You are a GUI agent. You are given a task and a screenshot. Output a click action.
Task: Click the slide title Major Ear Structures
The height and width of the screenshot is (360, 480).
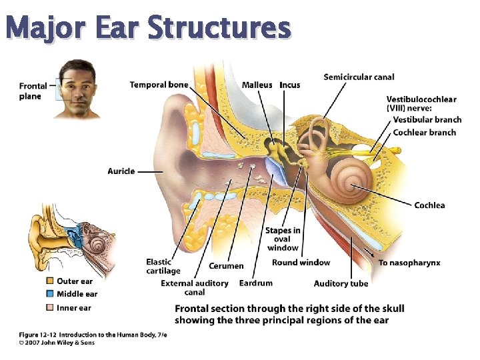[x=147, y=29]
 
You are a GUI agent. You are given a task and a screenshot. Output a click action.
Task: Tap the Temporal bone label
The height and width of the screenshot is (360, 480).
[x=159, y=85]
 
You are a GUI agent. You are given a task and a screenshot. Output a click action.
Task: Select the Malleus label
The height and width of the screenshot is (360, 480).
[x=257, y=85]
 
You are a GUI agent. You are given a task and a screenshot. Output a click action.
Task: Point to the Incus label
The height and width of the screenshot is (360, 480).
[x=289, y=85]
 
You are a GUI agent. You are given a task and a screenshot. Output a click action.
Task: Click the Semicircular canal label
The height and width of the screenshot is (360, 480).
[x=359, y=77]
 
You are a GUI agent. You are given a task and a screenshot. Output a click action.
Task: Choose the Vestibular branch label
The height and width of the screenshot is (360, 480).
[x=427, y=120]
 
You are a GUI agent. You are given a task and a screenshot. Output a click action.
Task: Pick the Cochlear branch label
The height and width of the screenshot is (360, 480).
[x=424, y=133]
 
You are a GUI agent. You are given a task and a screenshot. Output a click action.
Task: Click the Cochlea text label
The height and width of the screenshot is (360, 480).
[x=429, y=205]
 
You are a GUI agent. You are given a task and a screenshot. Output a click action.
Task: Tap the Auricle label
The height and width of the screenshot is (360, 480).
[x=121, y=171]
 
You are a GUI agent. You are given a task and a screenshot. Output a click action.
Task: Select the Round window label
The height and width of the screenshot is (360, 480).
[x=301, y=263]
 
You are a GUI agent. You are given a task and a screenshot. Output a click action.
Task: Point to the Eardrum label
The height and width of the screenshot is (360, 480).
[x=255, y=283]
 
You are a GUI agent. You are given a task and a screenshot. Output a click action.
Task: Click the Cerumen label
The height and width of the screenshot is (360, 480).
[x=226, y=266]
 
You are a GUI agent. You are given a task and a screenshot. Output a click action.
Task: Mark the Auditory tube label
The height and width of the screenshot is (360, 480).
[x=341, y=283]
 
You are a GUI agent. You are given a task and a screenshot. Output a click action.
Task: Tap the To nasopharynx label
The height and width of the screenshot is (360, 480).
[x=409, y=263]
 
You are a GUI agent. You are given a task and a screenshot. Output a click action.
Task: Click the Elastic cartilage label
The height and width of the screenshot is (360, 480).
[x=163, y=267]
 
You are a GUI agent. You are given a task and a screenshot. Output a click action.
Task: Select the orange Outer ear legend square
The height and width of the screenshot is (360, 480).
[x=49, y=281]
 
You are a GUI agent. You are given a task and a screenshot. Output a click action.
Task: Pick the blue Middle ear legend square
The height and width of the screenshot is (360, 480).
[x=49, y=294]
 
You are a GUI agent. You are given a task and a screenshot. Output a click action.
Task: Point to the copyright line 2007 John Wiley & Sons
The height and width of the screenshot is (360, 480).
[x=57, y=343]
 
